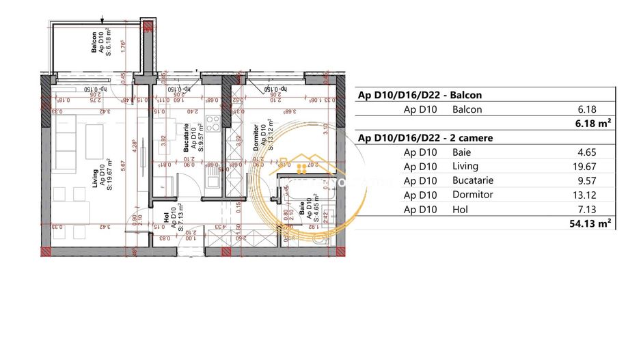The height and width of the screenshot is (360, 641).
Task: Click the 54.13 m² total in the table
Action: tap(594, 223)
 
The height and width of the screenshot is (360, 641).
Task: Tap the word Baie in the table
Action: tap(462, 152)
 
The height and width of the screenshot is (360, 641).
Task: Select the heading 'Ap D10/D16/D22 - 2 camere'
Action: tap(426, 138)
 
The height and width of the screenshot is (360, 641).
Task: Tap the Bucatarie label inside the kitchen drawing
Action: tap(186, 136)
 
